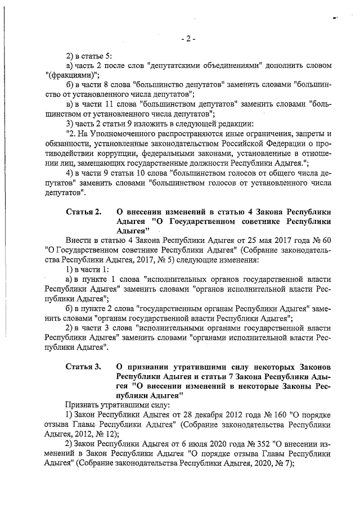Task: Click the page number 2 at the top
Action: tap(188, 39)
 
